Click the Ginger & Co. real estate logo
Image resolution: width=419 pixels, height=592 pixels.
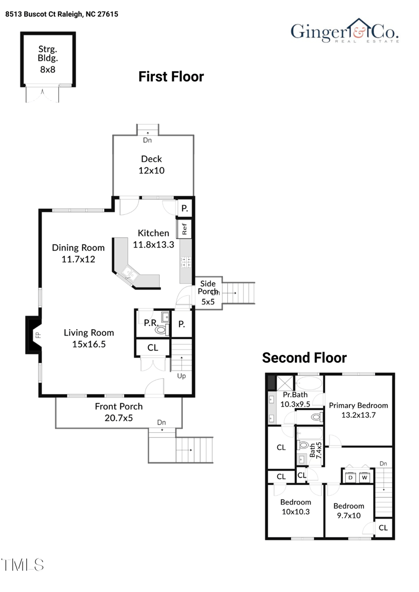tap(345, 31)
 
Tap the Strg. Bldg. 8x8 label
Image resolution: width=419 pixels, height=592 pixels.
tap(48, 59)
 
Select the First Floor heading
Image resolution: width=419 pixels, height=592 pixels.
tap(171, 76)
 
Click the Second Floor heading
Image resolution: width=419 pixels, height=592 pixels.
tap(304, 358)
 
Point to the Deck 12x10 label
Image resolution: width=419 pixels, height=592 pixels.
tap(151, 164)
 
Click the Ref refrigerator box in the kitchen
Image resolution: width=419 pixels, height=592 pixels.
tap(184, 229)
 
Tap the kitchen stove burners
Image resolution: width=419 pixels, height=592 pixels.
tap(185, 262)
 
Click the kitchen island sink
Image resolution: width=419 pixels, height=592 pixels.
tap(129, 273)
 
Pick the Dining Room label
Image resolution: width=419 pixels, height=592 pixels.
tap(78, 248)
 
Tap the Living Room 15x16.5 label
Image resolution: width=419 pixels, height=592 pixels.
tap(89, 338)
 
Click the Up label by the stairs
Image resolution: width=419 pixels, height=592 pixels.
tap(181, 376)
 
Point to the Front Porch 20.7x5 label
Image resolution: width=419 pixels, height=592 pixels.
tap(119, 412)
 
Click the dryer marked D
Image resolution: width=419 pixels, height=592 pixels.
tap(350, 477)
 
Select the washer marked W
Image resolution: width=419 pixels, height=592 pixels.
tap(365, 477)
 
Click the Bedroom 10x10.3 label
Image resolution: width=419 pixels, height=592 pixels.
tap(295, 507)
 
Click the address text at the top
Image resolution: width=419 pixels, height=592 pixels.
tap(62, 14)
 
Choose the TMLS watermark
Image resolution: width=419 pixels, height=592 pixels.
tap(23, 565)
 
